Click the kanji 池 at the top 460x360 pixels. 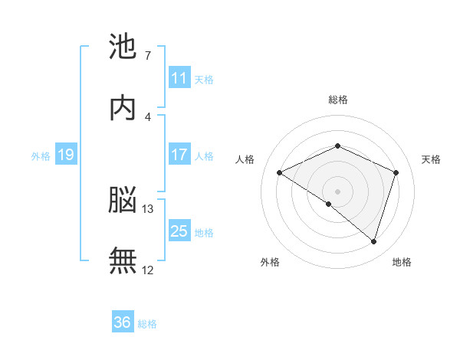123,46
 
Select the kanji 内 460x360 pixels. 123,107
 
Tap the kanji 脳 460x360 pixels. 123,200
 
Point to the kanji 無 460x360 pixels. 123,260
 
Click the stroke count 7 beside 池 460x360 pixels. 148,55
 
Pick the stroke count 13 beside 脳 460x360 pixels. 147,209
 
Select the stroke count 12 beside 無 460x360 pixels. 147,270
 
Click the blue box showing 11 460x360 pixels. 180,77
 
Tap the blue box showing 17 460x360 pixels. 180,154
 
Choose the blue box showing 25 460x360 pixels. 180,230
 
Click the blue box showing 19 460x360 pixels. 66,154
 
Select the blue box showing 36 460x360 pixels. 123,321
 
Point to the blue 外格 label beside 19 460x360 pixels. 41,156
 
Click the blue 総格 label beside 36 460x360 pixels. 147,324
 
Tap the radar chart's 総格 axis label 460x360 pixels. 338,100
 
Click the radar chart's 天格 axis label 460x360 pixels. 431,159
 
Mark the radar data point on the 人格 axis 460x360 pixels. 280,172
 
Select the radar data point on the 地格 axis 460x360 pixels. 374,242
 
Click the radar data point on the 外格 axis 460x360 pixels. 329,204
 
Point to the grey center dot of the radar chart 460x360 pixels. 337,191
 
